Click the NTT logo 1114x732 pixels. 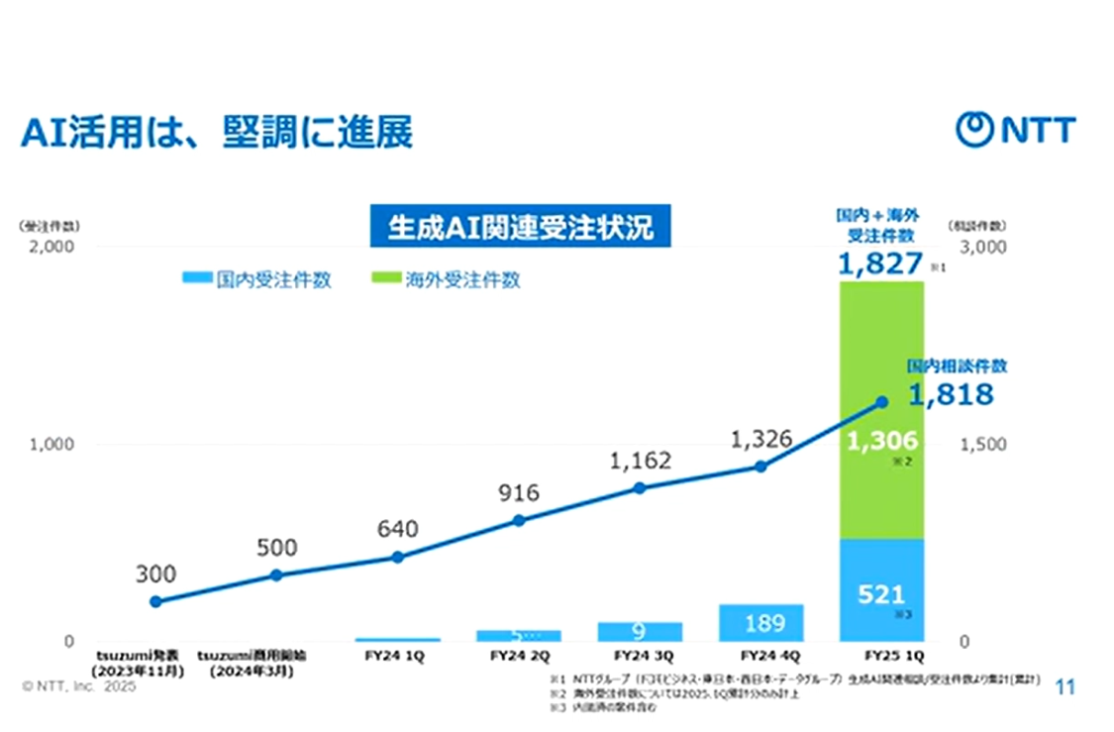click(1015, 130)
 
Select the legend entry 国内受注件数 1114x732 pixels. click(257, 280)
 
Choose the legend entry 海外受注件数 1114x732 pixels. click(446, 280)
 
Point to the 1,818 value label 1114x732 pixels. click(951, 395)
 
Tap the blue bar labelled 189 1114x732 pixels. click(760, 622)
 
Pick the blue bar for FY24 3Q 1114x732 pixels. click(640, 631)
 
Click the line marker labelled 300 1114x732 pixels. click(155, 601)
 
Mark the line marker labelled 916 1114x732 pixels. click(519, 520)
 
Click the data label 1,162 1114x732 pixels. click(640, 461)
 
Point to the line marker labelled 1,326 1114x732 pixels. click(760, 466)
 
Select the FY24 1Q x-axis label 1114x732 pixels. click(397, 656)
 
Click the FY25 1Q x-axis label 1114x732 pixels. click(880, 656)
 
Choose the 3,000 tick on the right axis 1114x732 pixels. click(983, 247)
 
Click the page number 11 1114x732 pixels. click(1065, 686)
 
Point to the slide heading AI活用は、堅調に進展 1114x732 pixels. click(216, 133)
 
